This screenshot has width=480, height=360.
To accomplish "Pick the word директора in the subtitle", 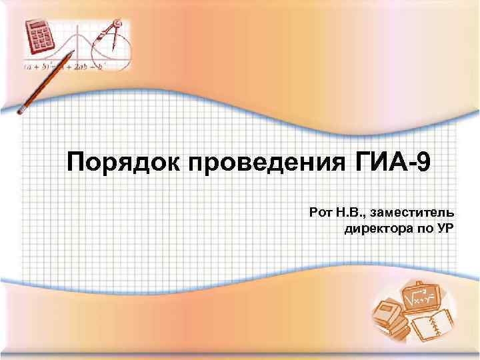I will [x=373, y=231].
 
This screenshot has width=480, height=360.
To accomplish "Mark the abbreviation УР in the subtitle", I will [x=445, y=231].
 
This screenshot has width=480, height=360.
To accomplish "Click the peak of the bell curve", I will [x=75, y=30].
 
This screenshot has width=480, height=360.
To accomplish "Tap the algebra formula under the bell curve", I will [x=67, y=67].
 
